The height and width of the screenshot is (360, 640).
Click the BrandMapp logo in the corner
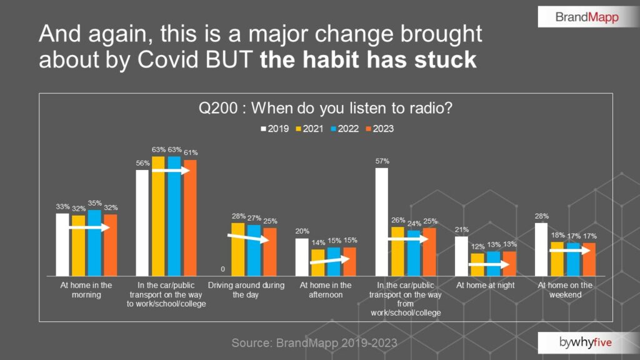pos(587,17)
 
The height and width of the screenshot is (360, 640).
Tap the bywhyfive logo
pos(587,342)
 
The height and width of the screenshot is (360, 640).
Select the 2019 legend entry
pos(274,129)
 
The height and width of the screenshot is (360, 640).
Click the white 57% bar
pos(381,222)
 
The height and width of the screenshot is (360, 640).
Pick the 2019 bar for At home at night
pos(461,256)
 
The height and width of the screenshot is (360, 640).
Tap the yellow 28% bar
pos(238,249)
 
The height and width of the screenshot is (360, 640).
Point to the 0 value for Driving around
pos(222,270)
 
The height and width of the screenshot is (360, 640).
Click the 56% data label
pos(142,164)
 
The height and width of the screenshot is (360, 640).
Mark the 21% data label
pos(461,230)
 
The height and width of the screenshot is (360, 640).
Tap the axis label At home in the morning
pos(86,290)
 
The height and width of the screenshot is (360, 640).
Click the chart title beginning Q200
pos(325,108)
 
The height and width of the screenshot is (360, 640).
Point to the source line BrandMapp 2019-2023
pos(314,343)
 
